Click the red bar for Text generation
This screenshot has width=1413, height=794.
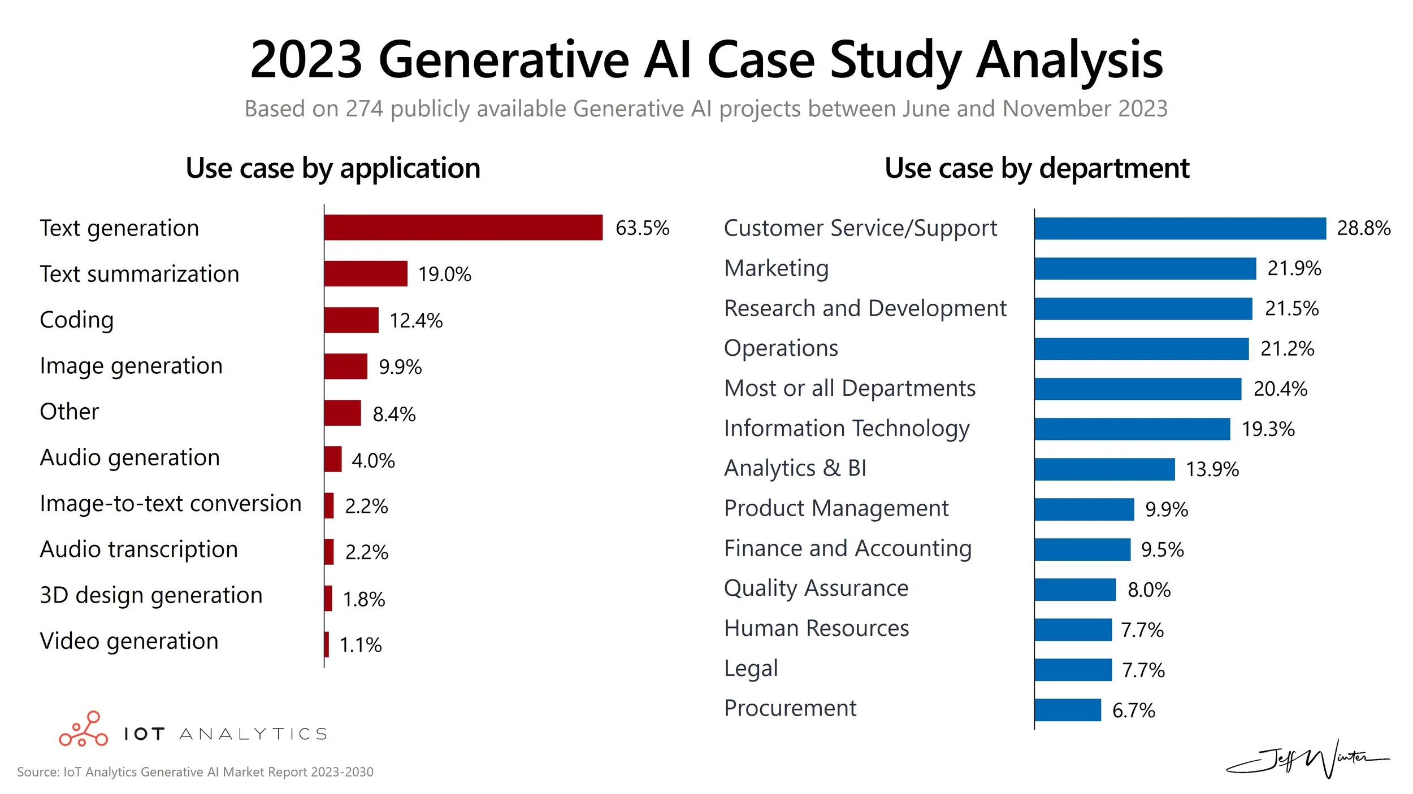463,228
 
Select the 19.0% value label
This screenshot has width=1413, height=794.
444,274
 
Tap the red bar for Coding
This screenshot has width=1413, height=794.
351,320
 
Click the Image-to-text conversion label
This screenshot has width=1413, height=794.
171,503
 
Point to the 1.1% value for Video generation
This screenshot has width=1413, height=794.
361,645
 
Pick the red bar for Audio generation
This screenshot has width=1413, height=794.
333,459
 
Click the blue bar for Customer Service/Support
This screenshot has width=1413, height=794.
1180,228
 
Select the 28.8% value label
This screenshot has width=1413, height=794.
1363,228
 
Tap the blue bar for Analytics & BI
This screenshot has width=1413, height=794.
1104,469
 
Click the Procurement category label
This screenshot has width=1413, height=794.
790,708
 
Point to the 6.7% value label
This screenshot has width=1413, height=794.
1133,710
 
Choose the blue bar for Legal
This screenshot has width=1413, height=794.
1073,670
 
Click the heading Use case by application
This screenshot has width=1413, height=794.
333,168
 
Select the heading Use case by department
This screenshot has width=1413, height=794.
1037,168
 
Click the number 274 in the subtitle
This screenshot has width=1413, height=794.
365,108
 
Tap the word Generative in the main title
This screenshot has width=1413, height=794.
504,60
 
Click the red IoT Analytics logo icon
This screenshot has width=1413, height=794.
84,730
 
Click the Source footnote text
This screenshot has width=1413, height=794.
195,772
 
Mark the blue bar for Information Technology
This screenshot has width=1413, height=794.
1132,429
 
